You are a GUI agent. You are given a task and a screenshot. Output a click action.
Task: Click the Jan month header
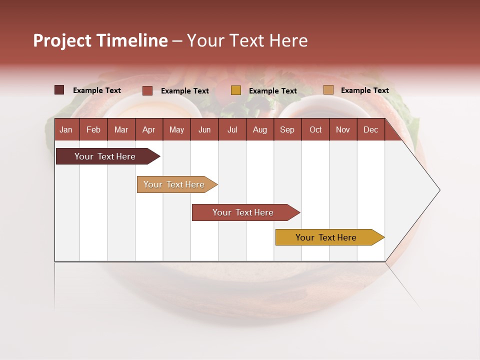pos(66,129)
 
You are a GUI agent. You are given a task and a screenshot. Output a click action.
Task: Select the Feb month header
pos(93,129)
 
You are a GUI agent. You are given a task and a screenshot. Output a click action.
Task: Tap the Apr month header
pos(148,129)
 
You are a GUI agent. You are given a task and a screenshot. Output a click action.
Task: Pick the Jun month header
pos(204,129)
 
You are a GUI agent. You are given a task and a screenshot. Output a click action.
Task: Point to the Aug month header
pos(259,129)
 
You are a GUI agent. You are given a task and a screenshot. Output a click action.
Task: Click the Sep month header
pos(287,129)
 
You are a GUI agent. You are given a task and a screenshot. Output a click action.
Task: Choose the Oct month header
pos(315,129)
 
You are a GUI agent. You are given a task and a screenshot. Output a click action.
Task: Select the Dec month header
pos(370,129)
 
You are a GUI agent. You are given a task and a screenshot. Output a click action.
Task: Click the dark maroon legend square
pos(59,90)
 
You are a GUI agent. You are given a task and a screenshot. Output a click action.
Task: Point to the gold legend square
pos(236,90)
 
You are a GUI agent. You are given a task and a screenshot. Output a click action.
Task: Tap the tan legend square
pos(328,90)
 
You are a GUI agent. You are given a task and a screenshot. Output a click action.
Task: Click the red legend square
pos(147,90)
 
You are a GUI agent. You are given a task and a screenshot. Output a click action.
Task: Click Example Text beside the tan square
pos(364,90)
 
